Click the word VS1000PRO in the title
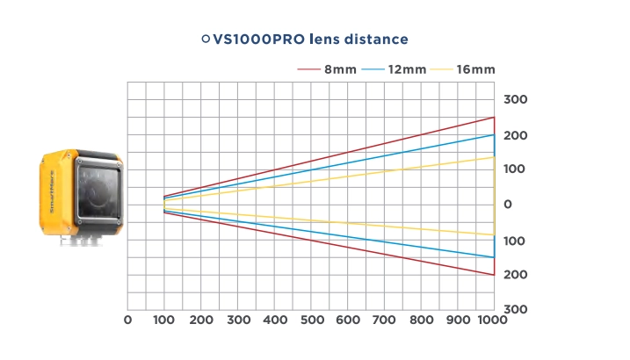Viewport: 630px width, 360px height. click(x=258, y=40)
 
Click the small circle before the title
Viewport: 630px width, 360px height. click(x=206, y=39)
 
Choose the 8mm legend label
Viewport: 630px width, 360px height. click(x=340, y=69)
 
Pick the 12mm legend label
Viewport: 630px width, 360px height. click(x=407, y=69)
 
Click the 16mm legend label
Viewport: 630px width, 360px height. click(x=475, y=69)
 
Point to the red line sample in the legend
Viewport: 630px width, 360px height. click(x=308, y=69)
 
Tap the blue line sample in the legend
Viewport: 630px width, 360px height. click(x=373, y=69)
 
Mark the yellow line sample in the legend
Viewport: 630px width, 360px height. click(x=441, y=69)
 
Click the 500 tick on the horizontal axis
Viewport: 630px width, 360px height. click(x=312, y=320)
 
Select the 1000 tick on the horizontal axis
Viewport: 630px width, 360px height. click(x=492, y=320)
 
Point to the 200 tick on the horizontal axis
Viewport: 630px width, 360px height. click(x=201, y=320)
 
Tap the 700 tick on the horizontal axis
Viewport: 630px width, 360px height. click(x=384, y=320)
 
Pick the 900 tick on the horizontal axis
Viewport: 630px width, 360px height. click(x=458, y=320)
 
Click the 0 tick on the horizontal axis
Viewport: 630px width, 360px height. click(x=127, y=320)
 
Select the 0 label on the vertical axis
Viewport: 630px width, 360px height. click(x=508, y=205)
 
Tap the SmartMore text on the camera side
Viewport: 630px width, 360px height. click(x=52, y=191)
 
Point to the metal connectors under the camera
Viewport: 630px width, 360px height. click(x=81, y=240)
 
